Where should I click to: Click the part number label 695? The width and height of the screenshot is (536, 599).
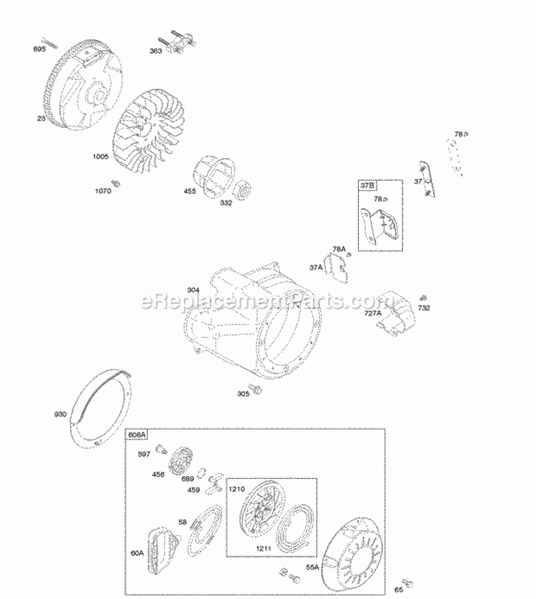pyautogui.click(x=39, y=49)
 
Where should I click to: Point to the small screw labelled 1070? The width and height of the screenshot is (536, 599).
pyautogui.click(x=116, y=184)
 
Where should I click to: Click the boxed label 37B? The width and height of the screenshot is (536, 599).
pyautogui.click(x=367, y=185)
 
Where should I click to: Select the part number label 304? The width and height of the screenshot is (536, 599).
pyautogui.click(x=193, y=289)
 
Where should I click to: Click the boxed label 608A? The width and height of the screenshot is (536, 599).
pyautogui.click(x=137, y=435)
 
